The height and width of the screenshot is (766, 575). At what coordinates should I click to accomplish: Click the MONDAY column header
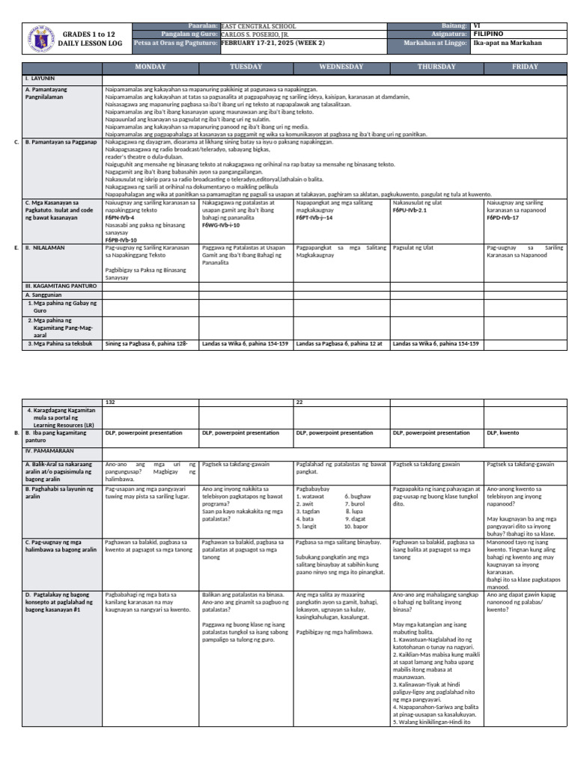tap(150, 67)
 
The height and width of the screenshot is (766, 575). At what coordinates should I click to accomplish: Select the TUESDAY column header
tap(246, 67)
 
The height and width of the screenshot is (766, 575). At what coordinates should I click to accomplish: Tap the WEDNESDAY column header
tap(341, 67)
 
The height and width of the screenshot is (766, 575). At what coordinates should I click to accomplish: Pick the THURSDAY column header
tap(436, 67)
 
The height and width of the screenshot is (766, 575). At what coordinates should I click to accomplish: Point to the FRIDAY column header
tap(525, 67)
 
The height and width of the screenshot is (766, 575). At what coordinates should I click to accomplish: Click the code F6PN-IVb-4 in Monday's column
tap(120, 217)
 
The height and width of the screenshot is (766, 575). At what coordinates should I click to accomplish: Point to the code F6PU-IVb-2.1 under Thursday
tap(410, 210)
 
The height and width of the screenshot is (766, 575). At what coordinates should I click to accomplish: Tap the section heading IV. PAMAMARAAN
tap(49, 452)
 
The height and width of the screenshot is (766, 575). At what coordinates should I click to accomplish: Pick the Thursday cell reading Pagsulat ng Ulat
tap(413, 246)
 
